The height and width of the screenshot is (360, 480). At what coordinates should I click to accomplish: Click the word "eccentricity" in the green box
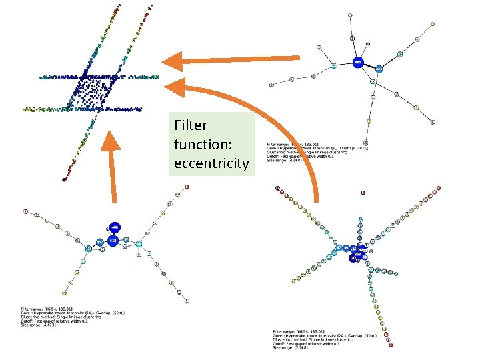tap(211, 163)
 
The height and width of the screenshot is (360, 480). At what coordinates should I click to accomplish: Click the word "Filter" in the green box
tap(191, 125)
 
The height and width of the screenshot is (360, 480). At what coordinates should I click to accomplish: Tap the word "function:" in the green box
tap(201, 144)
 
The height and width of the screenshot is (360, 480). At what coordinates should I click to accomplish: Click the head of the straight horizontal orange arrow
tap(175, 61)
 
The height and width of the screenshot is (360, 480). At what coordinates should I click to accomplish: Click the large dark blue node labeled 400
tap(115, 227)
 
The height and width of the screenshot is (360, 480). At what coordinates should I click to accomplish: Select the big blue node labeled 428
tap(113, 240)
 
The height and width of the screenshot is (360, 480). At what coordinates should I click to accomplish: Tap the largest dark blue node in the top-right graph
tap(358, 62)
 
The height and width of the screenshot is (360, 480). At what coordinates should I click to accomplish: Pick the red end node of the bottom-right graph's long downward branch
tap(391, 345)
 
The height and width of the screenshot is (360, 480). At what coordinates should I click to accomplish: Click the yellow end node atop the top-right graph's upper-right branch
tap(433, 23)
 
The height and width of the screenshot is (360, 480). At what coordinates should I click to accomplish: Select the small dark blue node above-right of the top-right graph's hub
tap(379, 69)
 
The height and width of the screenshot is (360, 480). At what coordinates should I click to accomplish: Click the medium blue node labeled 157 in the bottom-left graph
tap(100, 242)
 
